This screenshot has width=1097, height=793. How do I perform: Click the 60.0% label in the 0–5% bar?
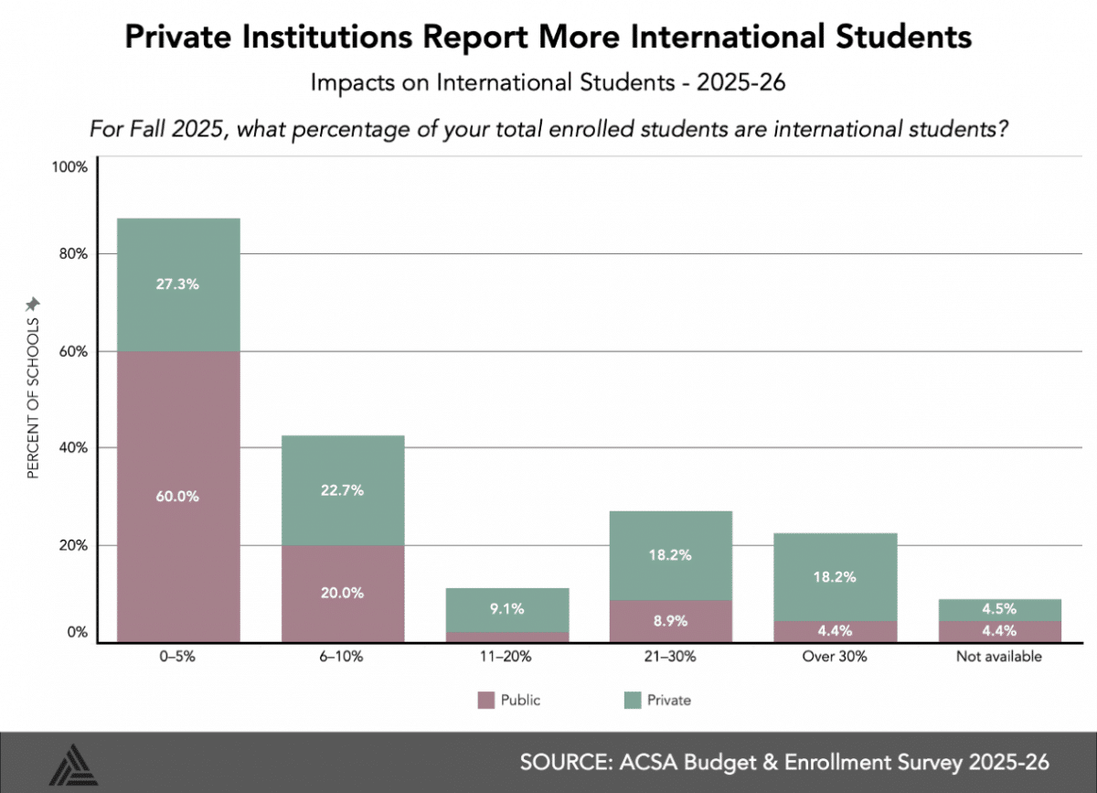pyautogui.click(x=177, y=497)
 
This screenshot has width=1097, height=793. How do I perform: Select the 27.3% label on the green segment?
pyautogui.click(x=177, y=284)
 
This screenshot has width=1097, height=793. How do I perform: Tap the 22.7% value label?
pyautogui.click(x=342, y=490)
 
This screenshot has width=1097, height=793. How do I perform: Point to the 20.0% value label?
pyautogui.click(x=342, y=592)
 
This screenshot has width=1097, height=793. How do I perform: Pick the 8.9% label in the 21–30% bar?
pyautogui.click(x=671, y=620)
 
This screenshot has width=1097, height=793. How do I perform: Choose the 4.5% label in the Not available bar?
pyautogui.click(x=999, y=609)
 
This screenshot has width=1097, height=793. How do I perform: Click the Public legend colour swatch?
pyautogui.click(x=485, y=701)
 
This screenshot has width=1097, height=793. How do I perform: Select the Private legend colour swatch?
pyautogui.click(x=630, y=701)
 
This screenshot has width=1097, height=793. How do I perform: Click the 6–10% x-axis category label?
pyautogui.click(x=342, y=656)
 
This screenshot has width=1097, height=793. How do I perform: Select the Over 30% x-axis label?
pyautogui.click(x=836, y=656)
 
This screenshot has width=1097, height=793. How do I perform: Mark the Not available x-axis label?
pyautogui.click(x=999, y=656)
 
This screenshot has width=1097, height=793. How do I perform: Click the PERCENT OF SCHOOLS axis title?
pyautogui.click(x=33, y=398)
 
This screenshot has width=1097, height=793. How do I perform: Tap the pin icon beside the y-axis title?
pyautogui.click(x=33, y=303)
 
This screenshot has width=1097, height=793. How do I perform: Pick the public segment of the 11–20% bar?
pyautogui.click(x=506, y=637)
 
